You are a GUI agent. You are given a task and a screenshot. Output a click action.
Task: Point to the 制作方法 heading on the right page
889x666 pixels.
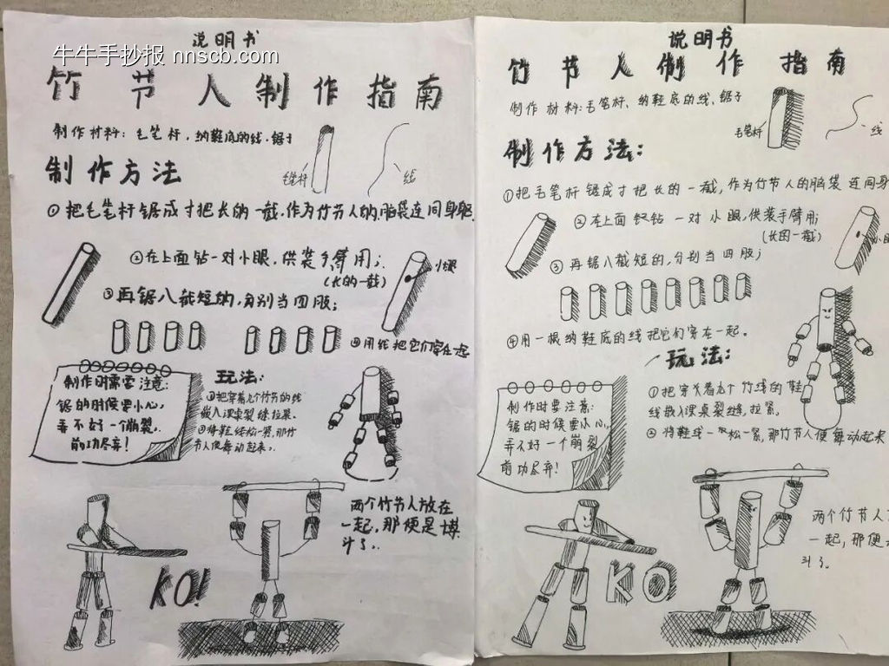coord(574,153)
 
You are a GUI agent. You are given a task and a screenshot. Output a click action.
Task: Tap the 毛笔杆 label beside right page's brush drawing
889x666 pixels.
coord(747,131)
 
